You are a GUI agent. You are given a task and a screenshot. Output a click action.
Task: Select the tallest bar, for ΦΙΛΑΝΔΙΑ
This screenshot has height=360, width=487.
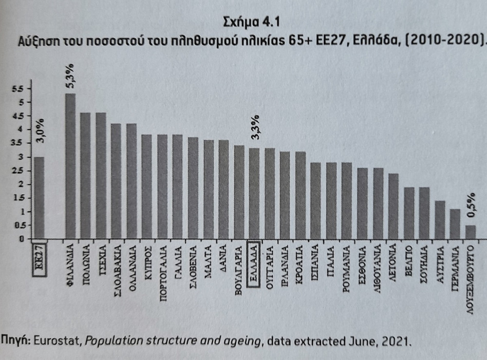[70, 166]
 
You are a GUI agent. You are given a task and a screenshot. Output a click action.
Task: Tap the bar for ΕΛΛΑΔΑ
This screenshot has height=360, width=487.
[254, 193]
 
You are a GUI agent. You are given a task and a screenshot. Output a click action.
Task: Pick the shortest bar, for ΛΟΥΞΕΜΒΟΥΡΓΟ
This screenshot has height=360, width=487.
[470, 232]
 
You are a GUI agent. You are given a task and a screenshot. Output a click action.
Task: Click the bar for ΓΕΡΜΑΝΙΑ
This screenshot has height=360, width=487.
[455, 224]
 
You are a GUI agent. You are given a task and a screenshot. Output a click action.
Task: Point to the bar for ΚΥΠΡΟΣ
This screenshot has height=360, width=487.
[147, 187]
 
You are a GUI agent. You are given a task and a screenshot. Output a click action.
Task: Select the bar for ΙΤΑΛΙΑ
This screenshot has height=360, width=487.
[331, 200]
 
